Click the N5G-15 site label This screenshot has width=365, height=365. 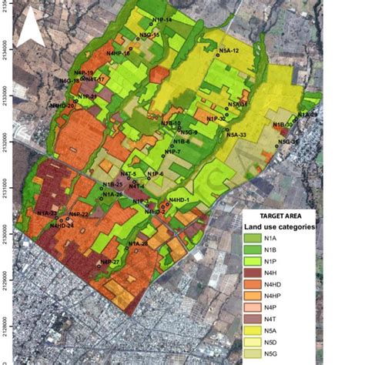coord(149,35)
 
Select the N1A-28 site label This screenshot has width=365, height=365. coord(138,244)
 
